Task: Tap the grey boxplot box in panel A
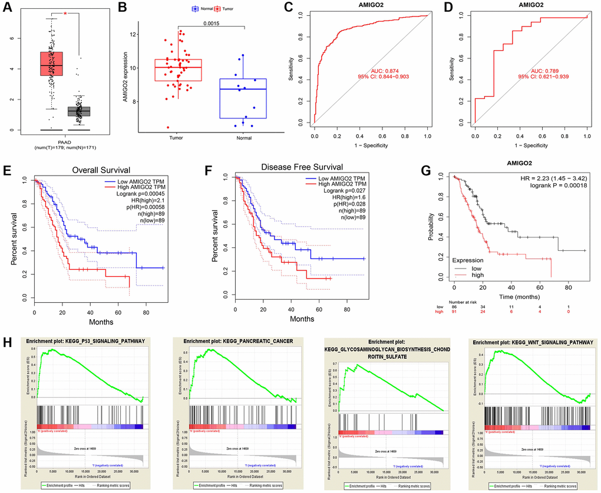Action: coord(78,111)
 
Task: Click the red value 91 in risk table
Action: coord(454,312)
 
